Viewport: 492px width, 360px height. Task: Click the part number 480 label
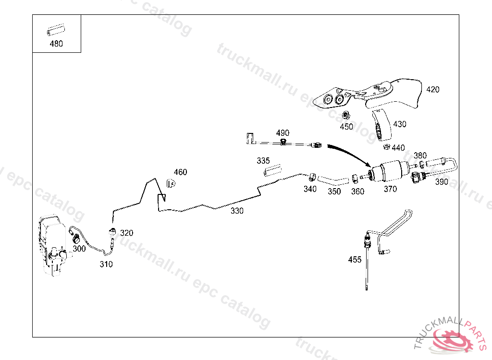coord(56,44)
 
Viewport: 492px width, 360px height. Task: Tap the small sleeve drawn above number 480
coord(56,31)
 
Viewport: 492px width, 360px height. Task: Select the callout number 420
coord(432,89)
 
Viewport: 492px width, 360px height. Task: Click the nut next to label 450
coord(345,115)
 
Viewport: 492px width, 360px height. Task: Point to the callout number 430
coord(399,124)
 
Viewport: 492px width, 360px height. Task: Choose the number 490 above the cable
coord(283,132)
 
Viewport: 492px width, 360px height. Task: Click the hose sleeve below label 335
coord(271,170)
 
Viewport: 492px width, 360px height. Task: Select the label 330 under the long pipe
coord(236,211)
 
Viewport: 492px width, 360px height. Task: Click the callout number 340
coord(310,189)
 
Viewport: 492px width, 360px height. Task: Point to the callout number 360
coord(357,191)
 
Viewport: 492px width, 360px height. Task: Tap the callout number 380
coord(420,155)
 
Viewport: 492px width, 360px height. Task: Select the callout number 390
coord(442,182)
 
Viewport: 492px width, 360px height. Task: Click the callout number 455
coord(355,260)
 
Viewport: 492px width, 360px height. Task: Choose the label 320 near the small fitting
coord(126,233)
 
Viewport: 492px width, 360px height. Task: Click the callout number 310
coord(106,264)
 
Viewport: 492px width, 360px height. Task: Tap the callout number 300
coord(79,249)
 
